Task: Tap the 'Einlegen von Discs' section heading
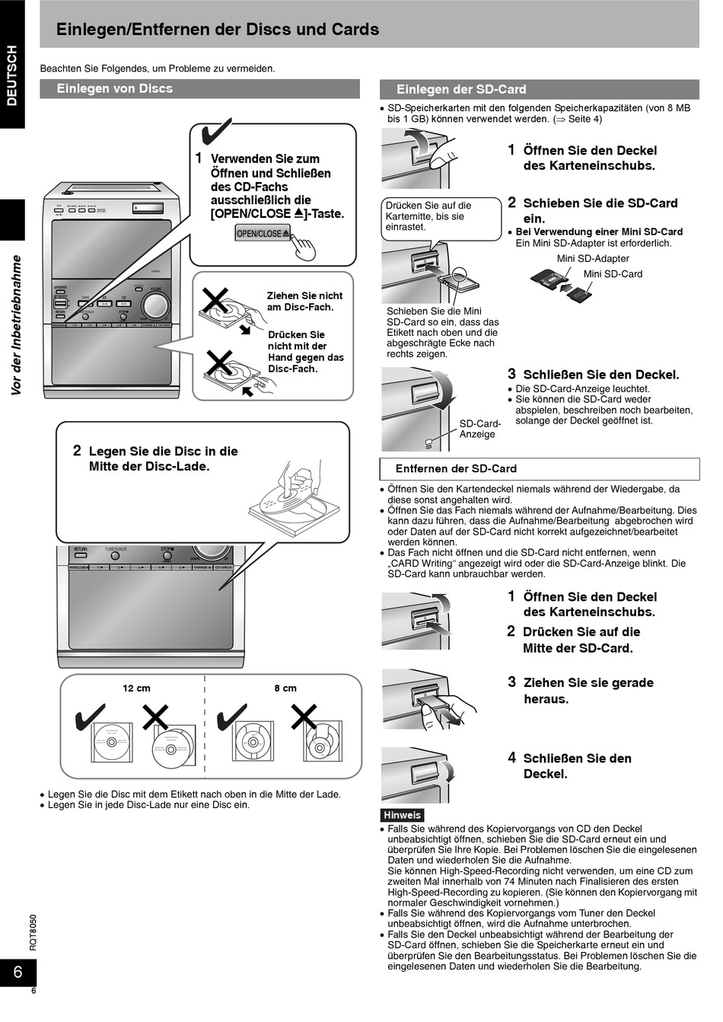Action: click(115, 89)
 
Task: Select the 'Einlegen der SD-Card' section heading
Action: click(461, 90)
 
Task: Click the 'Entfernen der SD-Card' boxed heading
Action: click(456, 469)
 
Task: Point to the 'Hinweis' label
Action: click(402, 815)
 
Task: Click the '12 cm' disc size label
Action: click(136, 688)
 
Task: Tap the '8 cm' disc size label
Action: click(285, 688)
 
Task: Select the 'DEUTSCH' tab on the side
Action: click(12, 75)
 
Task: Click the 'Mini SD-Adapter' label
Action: click(593, 259)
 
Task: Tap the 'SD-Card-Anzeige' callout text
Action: click(479, 429)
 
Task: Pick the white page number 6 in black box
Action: click(18, 972)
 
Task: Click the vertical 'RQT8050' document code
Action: click(33, 931)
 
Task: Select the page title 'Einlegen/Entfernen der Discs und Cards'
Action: click(218, 30)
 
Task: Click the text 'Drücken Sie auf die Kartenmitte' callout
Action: click(428, 216)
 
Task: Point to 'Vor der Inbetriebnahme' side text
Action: click(16, 325)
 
